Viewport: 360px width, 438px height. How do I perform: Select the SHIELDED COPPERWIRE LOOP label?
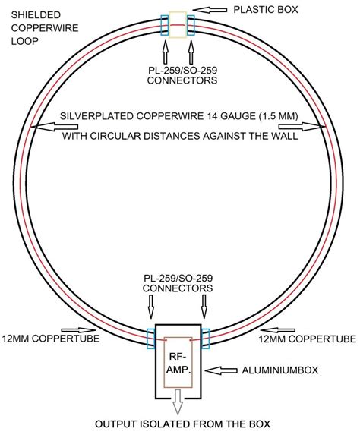(x=34, y=27)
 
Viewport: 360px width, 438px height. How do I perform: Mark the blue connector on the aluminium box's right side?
(x=205, y=334)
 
